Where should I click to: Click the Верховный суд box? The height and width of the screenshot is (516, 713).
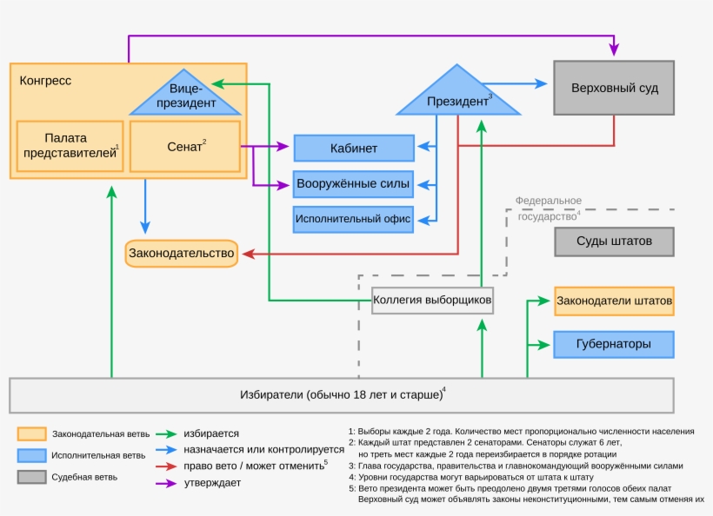point(614,88)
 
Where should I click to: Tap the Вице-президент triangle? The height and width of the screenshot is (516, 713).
point(185,96)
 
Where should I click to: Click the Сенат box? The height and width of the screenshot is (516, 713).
point(184,147)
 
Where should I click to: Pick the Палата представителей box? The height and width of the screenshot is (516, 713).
point(68,147)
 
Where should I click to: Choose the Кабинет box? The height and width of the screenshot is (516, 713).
point(353,149)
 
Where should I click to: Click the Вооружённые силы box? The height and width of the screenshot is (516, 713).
point(353,184)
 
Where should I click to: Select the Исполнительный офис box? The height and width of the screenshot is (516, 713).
point(353,220)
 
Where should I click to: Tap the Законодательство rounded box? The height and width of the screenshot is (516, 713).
point(182,254)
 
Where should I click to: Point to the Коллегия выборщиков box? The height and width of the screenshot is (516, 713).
point(432,301)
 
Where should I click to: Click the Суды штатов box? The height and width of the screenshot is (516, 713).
point(614,241)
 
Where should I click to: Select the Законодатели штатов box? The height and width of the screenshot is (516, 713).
point(614,301)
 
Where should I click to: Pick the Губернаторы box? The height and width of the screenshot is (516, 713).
point(614,344)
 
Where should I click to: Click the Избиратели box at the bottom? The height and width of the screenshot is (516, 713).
point(341,395)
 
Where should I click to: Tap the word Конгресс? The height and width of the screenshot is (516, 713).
point(45,80)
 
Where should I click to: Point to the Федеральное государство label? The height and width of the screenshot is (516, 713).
point(548,209)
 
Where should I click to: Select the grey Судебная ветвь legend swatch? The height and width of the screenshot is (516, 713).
point(30,477)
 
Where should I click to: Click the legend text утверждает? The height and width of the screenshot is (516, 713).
point(212,483)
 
